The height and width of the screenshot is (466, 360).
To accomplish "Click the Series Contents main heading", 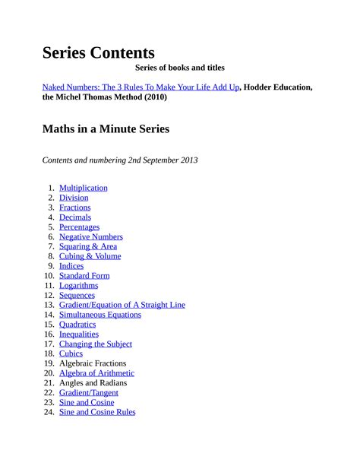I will point(98,52).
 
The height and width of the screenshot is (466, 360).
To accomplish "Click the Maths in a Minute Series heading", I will point(106,129).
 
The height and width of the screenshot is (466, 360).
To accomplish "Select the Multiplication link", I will point(83,188).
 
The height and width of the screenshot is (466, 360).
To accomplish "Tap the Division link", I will point(74,198).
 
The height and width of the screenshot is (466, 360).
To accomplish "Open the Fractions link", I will point(74,208).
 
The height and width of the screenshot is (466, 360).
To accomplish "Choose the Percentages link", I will point(79,227).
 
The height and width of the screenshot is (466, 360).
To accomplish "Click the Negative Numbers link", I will point(90,236).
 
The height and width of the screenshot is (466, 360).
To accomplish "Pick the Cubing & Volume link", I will point(90,256).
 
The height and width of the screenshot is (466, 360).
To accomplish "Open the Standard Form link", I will point(84,276).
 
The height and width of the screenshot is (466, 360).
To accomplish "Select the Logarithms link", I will point(78,286).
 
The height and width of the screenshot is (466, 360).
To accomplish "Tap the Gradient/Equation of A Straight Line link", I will point(122,305).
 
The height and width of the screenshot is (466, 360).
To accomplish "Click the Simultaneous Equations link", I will point(99,315).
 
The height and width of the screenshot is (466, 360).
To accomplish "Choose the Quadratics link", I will point(77,325).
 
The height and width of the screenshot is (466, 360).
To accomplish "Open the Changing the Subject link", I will point(95,344).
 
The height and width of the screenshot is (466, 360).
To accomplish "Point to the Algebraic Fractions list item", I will point(93,363).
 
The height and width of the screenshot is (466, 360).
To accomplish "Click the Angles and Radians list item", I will point(93,383).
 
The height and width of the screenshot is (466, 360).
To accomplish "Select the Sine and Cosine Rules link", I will point(97,412).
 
